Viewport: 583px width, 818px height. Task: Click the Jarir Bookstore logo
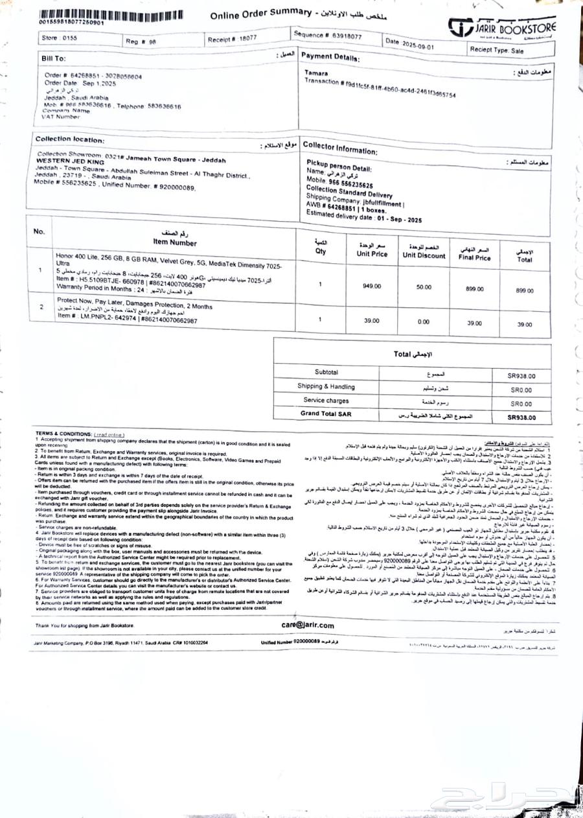coord(502,27)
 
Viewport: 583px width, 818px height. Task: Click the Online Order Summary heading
coord(258,14)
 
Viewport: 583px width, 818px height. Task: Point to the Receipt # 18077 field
coord(232,39)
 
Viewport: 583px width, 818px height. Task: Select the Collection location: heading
coord(69,139)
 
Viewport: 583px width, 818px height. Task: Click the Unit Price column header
coord(372,250)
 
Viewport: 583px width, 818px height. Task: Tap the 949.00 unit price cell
coord(372,286)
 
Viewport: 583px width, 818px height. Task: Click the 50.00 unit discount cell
coord(424,286)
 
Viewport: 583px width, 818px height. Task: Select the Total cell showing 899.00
coord(525,291)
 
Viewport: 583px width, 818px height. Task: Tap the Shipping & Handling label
coord(326,386)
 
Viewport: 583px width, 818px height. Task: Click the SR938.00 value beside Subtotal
coord(521,376)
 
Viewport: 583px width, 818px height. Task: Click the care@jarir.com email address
coord(308,625)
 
